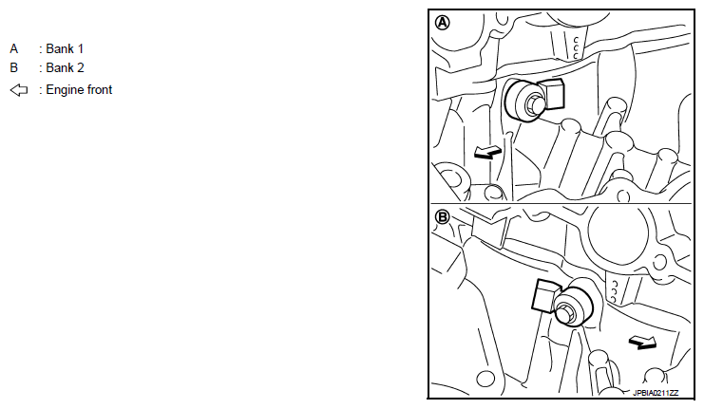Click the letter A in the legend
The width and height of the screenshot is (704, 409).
[x=14, y=48]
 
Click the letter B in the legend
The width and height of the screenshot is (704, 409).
[x=14, y=67]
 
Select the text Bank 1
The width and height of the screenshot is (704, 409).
[x=65, y=48]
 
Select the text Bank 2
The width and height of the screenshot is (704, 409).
[x=65, y=67]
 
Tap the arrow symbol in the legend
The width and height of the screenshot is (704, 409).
[x=19, y=90]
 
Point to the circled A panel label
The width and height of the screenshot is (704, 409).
[x=442, y=23]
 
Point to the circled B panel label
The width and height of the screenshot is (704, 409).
[x=442, y=217]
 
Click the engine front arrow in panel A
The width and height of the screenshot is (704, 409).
[x=488, y=153]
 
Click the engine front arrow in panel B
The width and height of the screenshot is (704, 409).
[x=643, y=343]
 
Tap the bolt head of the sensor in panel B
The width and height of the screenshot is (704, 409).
[x=565, y=313]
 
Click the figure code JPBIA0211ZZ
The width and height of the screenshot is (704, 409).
[x=656, y=393]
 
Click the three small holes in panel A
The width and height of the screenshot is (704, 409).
[x=576, y=48]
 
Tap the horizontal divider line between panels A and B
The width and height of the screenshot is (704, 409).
[x=561, y=204]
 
